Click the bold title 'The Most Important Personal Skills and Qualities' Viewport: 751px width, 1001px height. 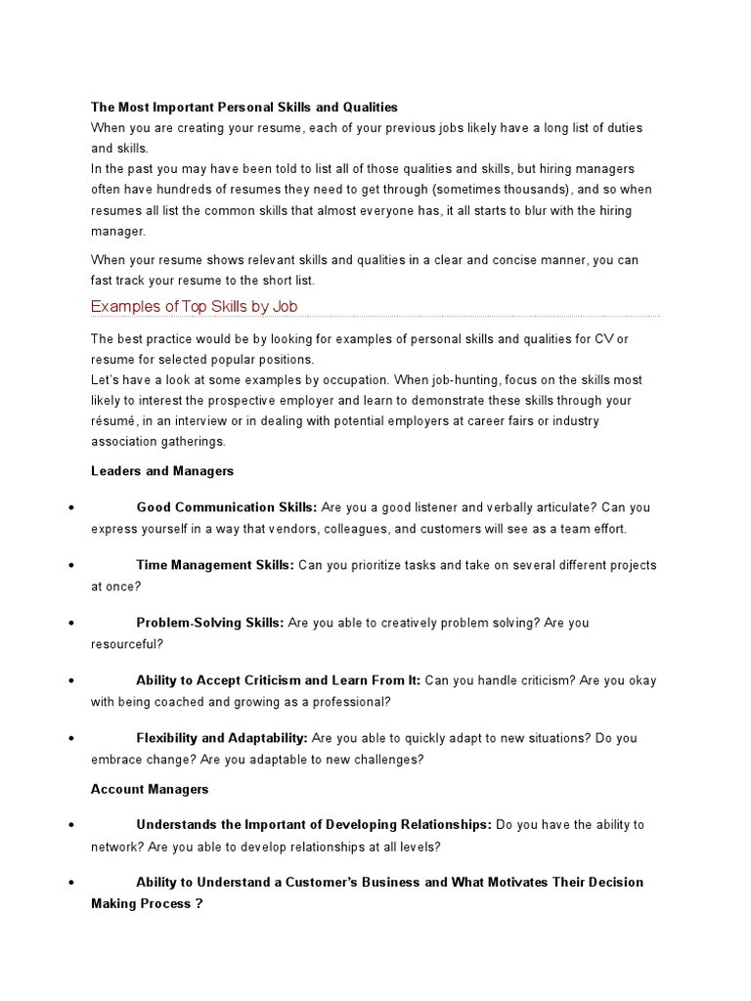coord(244,107)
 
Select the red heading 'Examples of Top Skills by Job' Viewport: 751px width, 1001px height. coord(194,306)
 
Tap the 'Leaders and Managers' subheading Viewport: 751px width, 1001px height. coord(162,470)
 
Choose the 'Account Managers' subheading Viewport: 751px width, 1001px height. coord(150,789)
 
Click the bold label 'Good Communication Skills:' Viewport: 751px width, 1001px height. coord(227,507)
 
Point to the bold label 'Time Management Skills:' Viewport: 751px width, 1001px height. coord(215,565)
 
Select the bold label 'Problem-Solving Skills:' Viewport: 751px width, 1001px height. coord(210,623)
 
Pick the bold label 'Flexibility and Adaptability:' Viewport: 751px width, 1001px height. coord(222,738)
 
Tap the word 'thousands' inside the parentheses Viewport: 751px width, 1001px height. coord(534,190)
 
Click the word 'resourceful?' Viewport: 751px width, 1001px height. coord(127,644)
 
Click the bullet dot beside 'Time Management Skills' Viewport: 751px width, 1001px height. coord(74,566)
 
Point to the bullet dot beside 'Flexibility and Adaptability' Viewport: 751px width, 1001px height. coord(74,739)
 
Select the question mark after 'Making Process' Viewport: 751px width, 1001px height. coord(199,904)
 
